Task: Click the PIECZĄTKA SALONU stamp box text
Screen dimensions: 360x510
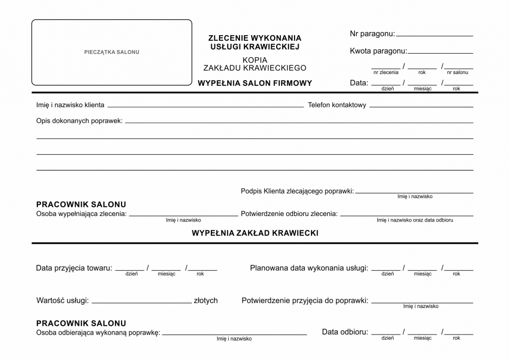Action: click(111, 52)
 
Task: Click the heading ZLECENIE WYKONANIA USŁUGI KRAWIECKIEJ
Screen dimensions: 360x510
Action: click(255, 42)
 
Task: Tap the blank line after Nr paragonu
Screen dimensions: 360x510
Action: click(434, 35)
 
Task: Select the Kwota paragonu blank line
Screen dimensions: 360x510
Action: click(440, 52)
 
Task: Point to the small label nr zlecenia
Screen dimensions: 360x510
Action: click(386, 73)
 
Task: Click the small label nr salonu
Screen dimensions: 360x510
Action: click(457, 73)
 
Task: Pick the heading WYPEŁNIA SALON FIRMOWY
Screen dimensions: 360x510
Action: click(255, 83)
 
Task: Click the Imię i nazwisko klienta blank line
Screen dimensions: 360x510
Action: click(205, 106)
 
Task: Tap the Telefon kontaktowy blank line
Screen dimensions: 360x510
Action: click(421, 106)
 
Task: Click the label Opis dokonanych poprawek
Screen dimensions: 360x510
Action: click(79, 121)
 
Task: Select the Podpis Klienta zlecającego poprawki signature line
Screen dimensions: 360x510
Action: click(414, 193)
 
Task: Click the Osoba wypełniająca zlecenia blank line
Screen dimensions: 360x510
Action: click(183, 215)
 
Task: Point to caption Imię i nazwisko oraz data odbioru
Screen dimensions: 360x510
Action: click(415, 220)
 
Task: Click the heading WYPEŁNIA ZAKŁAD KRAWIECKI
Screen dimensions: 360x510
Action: click(255, 233)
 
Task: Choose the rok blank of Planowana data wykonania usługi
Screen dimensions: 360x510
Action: click(457, 269)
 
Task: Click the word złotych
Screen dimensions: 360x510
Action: click(206, 300)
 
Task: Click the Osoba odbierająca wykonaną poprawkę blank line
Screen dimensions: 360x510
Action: click(234, 334)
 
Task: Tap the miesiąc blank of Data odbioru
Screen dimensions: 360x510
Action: click(422, 333)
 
